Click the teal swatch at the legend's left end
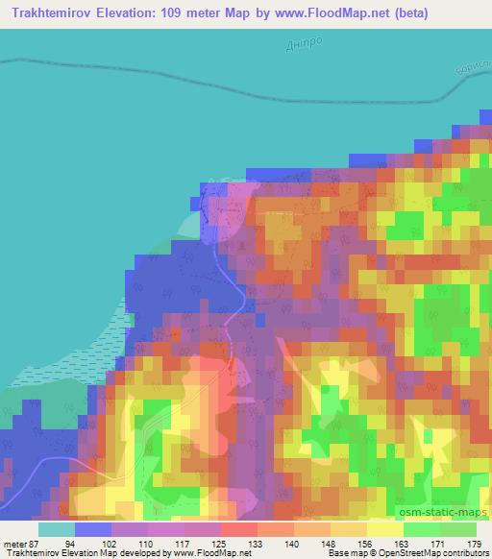pos(57,529)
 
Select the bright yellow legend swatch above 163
pos(385,529)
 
